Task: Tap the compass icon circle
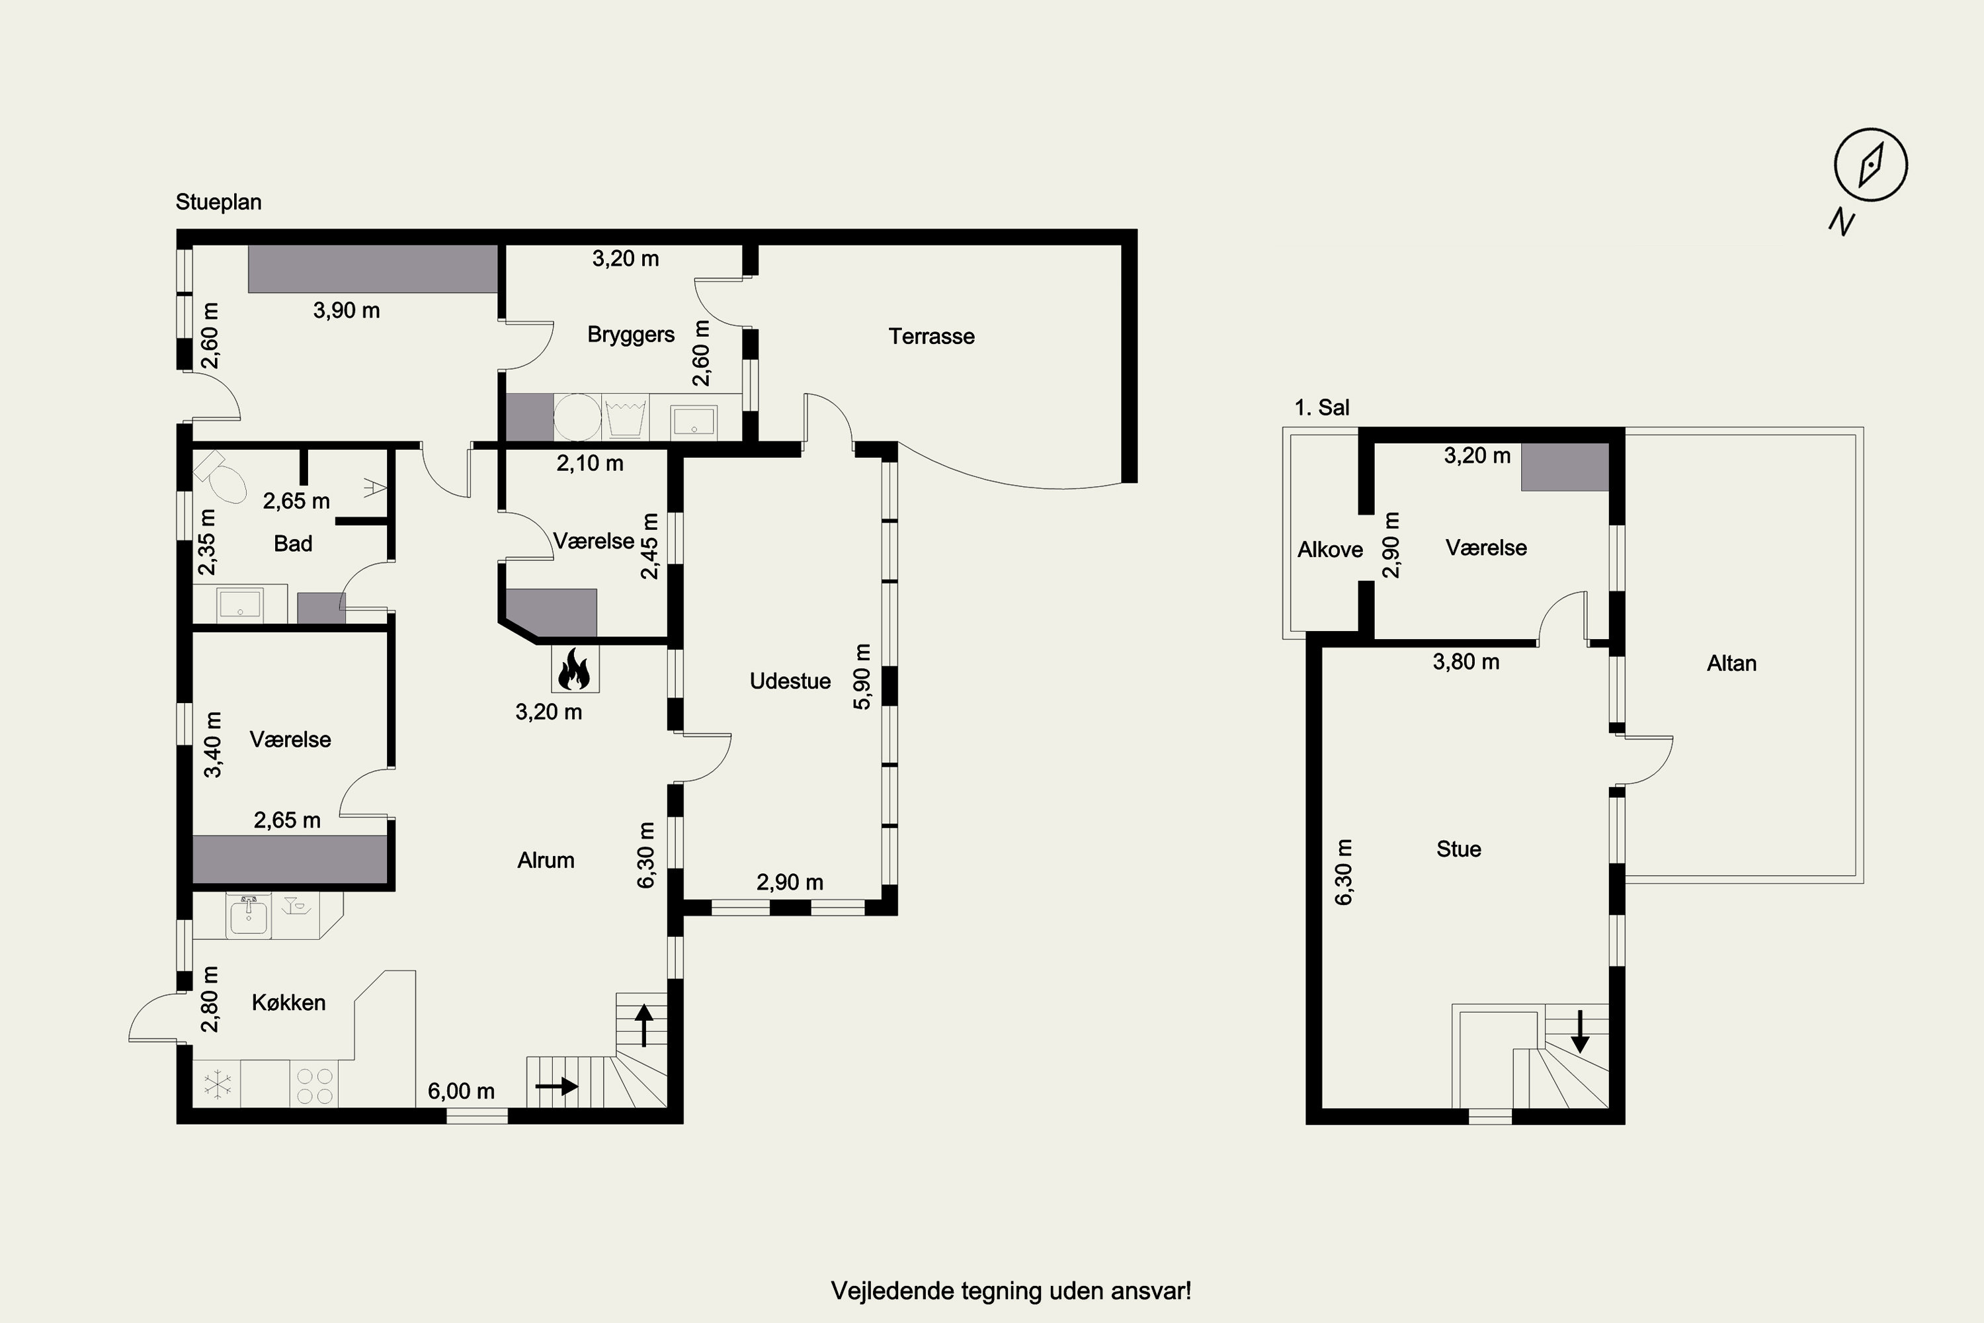1870,165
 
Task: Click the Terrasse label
931,337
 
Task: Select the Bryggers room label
631,335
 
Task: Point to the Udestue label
790,681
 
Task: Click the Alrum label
546,861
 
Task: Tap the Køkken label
288,1002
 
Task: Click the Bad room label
293,543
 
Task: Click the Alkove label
1330,550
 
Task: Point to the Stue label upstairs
1458,849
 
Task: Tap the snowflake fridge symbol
218,1084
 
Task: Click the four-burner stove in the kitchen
315,1085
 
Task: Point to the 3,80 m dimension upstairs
1466,662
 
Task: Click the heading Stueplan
218,202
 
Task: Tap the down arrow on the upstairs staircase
1579,1031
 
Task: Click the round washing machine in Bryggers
577,417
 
